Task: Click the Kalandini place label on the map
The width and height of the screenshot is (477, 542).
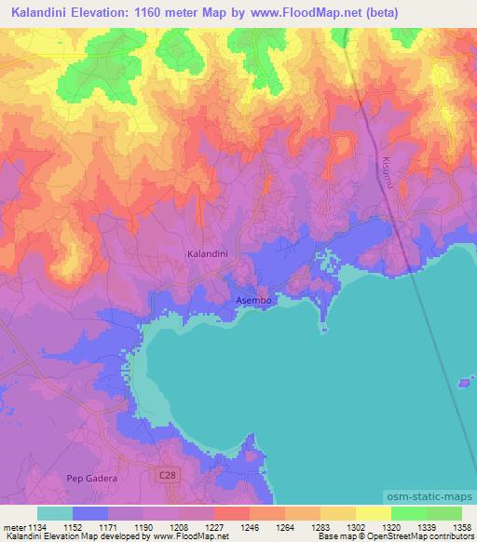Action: click(x=208, y=253)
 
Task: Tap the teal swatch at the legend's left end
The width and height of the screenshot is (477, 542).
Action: click(x=54, y=513)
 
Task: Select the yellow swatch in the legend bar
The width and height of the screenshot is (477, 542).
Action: click(x=373, y=513)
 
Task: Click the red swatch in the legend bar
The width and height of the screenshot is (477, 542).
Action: click(x=231, y=513)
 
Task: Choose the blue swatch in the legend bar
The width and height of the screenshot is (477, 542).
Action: click(x=89, y=513)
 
